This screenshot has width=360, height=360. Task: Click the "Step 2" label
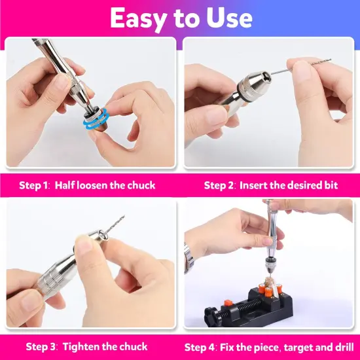(219, 185)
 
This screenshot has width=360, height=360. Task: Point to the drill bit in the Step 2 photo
(308, 63)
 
